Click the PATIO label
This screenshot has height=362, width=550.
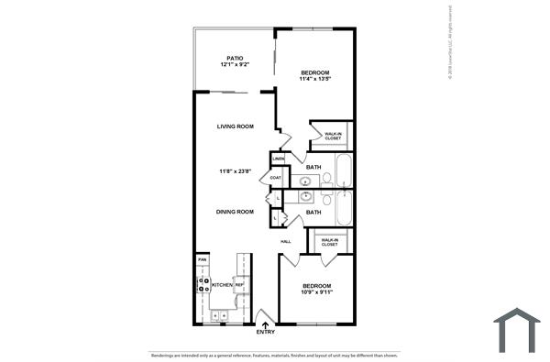(x=235, y=57)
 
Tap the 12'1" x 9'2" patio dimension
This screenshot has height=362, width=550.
(x=235, y=65)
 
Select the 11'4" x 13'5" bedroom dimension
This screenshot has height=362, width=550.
(x=314, y=79)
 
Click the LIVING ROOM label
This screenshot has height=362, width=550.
(x=235, y=126)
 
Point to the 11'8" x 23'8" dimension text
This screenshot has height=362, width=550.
(x=235, y=170)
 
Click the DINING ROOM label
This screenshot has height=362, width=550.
(x=235, y=212)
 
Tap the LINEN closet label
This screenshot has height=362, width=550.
(x=278, y=159)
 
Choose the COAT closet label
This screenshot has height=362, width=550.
(x=275, y=178)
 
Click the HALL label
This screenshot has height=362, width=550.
(x=286, y=241)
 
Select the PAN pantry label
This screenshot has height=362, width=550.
(x=202, y=259)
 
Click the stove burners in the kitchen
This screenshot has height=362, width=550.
(x=203, y=285)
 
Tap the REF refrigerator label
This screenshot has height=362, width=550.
(x=239, y=285)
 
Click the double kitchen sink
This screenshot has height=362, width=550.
(x=220, y=315)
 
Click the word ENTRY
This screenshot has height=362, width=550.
(x=266, y=332)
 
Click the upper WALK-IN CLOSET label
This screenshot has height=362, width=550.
(x=333, y=137)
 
